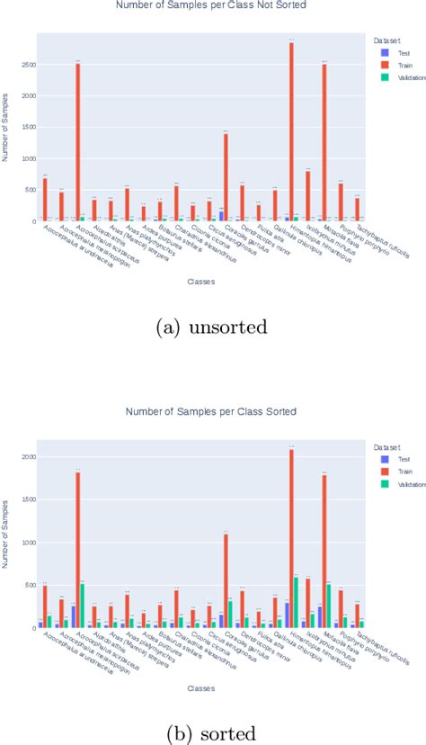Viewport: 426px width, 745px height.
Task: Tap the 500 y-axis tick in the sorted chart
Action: (x=28, y=586)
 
